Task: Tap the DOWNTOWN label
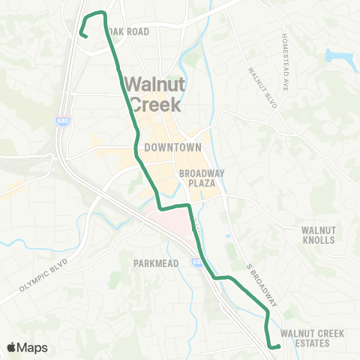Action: tap(173, 147)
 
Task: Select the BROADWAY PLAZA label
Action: tap(199, 178)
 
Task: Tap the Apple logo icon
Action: tap(12, 347)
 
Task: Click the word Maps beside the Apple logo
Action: tap(33, 347)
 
